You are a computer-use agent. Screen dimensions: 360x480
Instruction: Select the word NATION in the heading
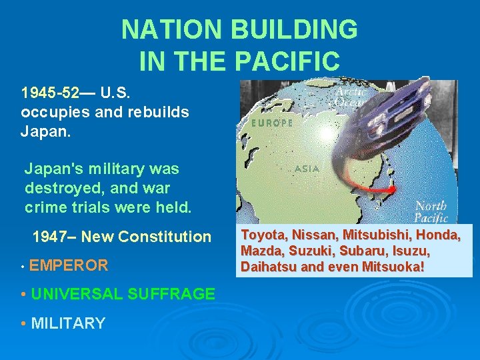pos(171,30)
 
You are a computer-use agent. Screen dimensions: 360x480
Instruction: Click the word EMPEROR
pos(69,265)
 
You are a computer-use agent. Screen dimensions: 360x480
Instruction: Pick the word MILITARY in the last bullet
pos(68,323)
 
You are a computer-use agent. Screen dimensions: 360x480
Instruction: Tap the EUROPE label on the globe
pos(271,123)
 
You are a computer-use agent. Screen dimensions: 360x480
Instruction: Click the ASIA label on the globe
pos(307,168)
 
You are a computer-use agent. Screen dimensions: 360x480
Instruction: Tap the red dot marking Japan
pos(392,189)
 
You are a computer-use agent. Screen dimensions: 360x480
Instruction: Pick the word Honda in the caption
pos(439,235)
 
